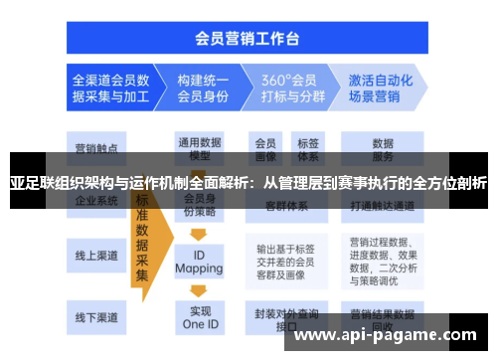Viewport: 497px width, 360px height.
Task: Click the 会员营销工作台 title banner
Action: tap(248, 39)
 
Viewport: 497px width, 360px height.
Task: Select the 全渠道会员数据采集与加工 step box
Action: tap(110, 89)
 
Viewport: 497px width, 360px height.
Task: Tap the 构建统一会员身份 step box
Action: tap(202, 89)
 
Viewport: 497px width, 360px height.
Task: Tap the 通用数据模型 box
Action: tap(198, 147)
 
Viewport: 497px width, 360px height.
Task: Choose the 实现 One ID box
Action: tap(198, 317)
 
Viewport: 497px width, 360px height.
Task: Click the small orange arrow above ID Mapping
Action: tap(198, 236)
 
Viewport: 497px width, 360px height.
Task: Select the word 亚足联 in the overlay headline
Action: tap(32, 183)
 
